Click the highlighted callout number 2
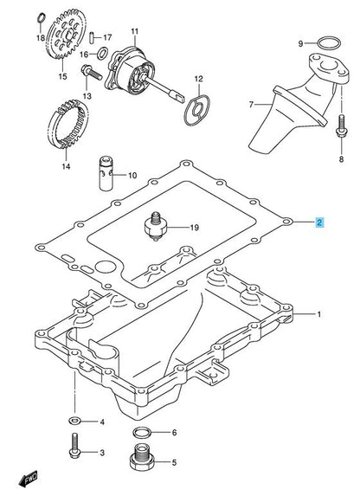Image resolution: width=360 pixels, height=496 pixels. coord(319,222)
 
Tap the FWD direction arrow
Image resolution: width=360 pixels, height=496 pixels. coord(29,479)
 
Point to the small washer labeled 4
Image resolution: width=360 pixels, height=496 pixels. coord(74,421)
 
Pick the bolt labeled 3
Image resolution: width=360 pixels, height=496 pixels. coord(74,446)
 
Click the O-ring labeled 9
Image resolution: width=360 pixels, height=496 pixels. coord(329,43)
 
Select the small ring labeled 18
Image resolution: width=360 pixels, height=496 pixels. coord(42,18)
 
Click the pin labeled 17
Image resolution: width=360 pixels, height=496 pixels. coord(92,36)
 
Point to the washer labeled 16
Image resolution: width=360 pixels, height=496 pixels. coord(102,53)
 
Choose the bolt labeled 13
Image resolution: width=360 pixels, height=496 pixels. coord(92,73)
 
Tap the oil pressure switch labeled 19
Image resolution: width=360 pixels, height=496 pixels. coord(154,227)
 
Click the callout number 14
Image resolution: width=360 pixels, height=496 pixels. coord(66,166)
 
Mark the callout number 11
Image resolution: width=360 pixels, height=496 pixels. coord(135,31)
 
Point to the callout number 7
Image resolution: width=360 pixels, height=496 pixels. coord(251,104)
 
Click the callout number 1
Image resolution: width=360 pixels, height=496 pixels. coord(319,314)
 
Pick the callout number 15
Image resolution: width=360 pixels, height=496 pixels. coord(62,76)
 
